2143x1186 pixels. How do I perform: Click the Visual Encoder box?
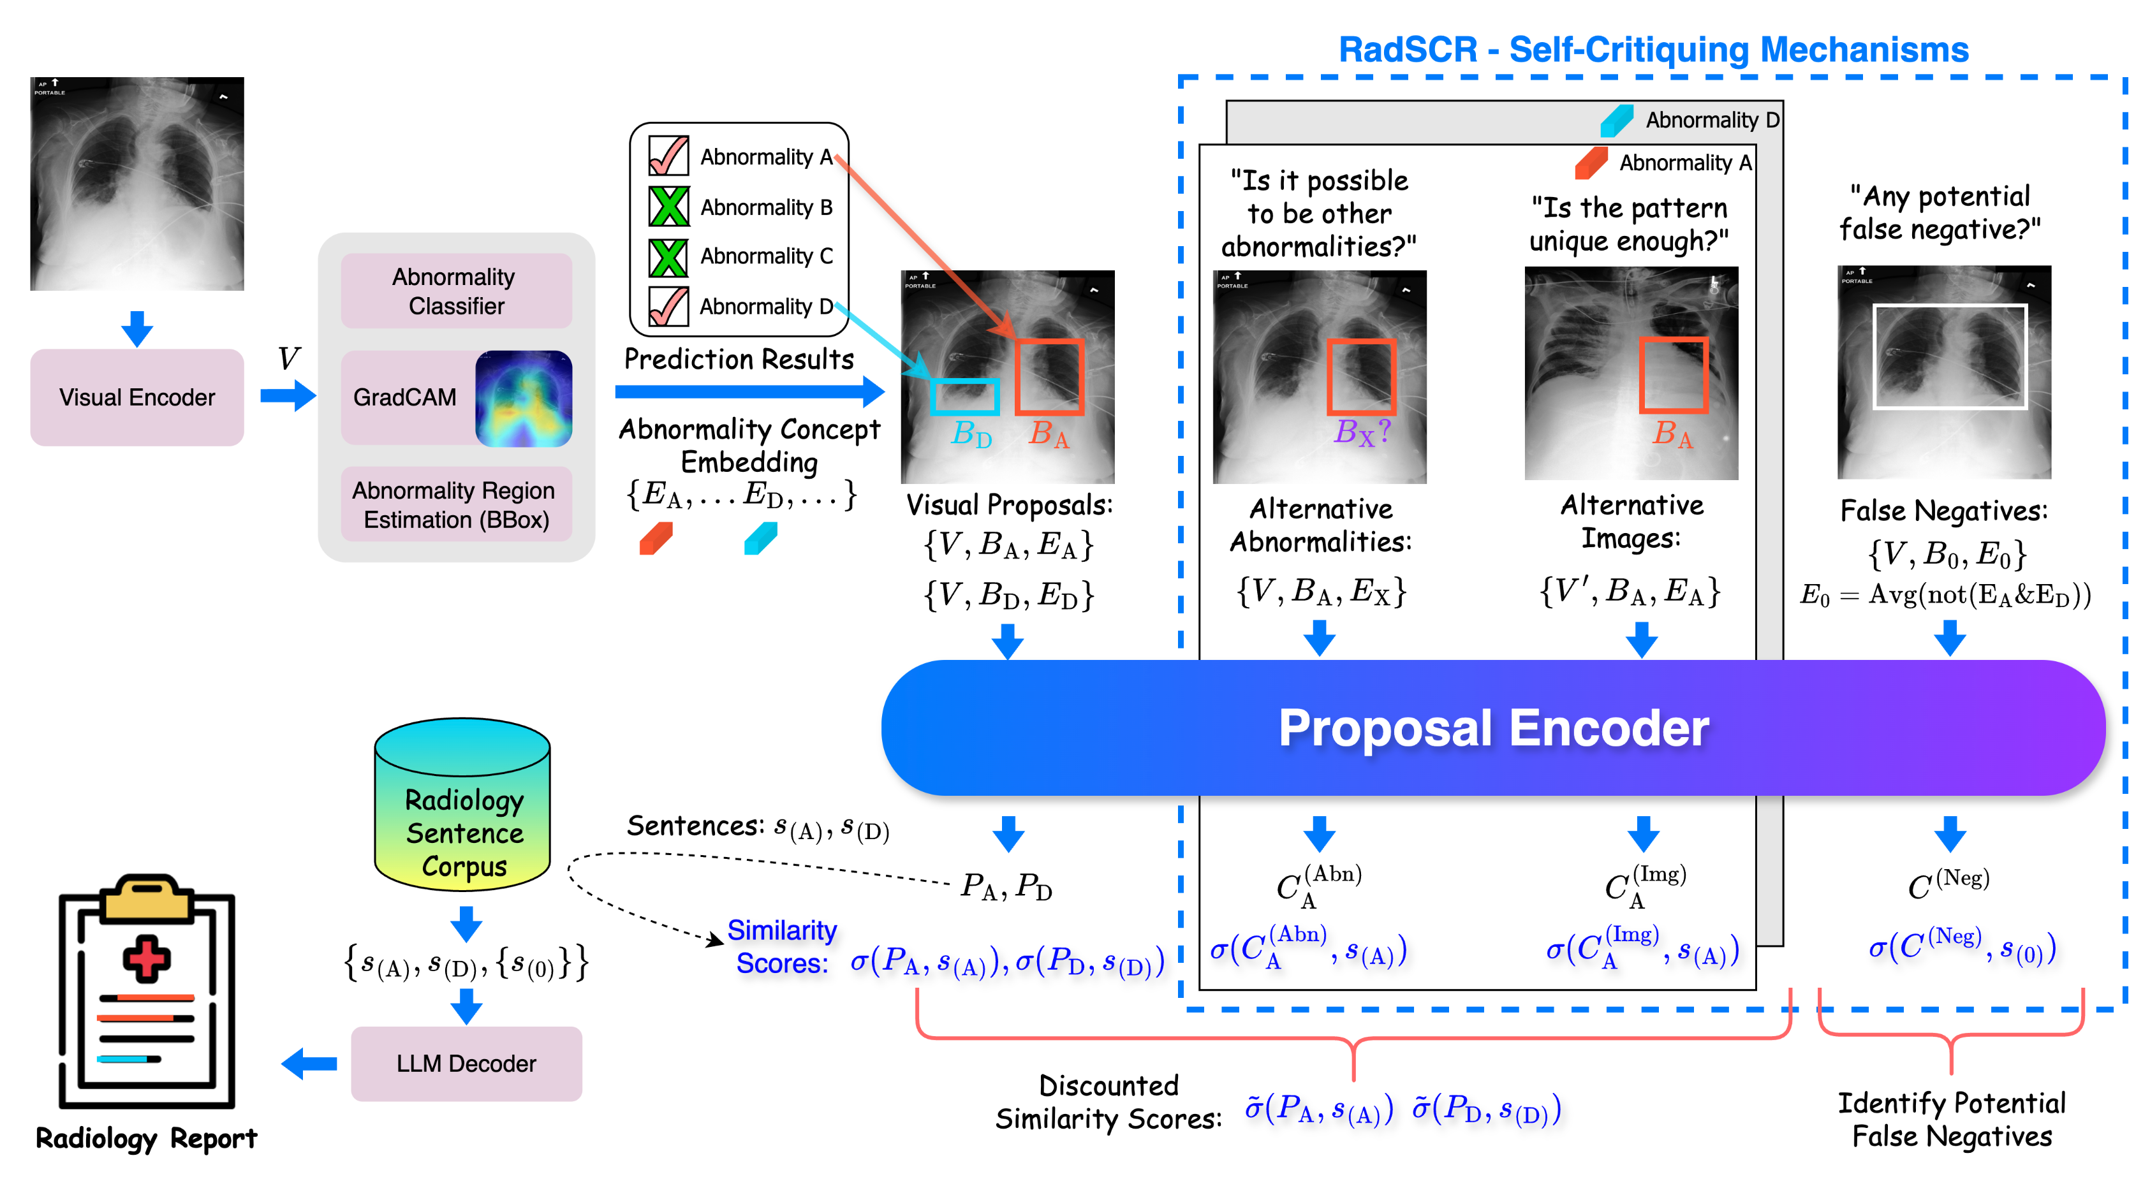coord(136,397)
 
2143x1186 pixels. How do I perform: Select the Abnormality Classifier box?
coord(456,291)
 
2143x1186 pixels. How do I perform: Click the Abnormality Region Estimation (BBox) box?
coord(456,505)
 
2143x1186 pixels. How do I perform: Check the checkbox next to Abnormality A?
coord(668,156)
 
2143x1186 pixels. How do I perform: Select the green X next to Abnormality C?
coord(668,257)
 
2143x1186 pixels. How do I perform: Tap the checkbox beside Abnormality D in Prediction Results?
coord(668,306)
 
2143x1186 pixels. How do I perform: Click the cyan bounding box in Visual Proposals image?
coord(964,397)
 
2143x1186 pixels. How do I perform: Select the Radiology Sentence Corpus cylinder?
coord(462,805)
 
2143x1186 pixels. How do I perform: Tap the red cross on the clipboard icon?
coord(147,959)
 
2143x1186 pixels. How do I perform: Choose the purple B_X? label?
coord(1362,432)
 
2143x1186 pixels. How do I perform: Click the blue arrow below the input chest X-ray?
coord(136,328)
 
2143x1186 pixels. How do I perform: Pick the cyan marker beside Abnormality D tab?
coord(1616,121)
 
